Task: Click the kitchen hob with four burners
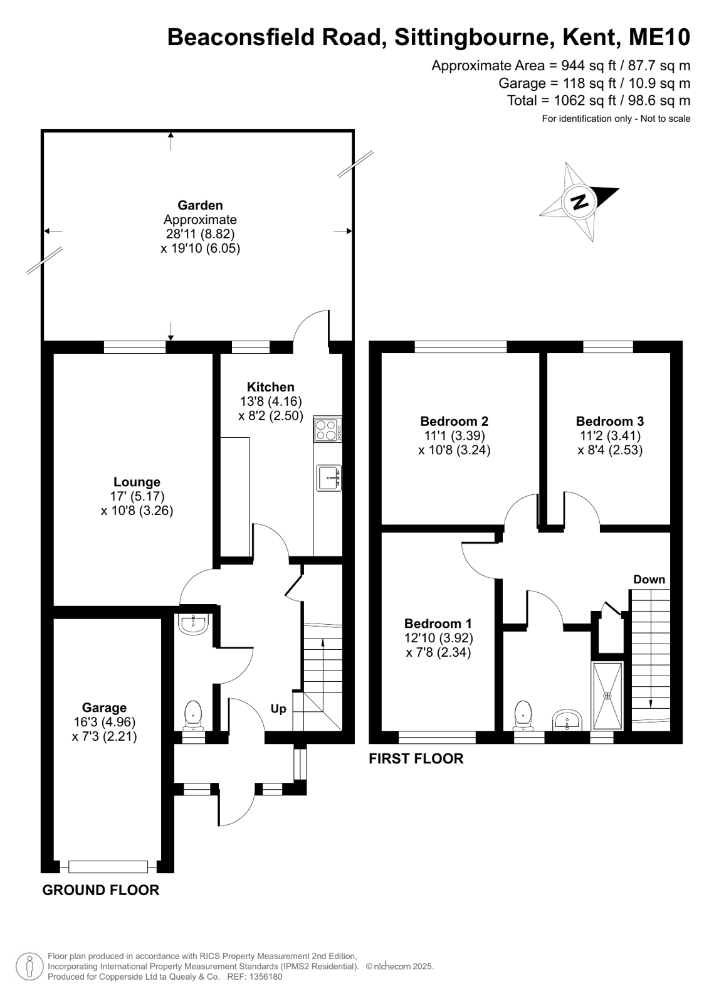pyautogui.click(x=328, y=430)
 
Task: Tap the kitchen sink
pyautogui.click(x=329, y=478)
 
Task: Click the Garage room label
pyautogui.click(x=104, y=708)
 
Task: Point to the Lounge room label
pyautogui.click(x=137, y=482)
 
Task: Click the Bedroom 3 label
pyautogui.click(x=609, y=421)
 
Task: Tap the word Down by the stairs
pyautogui.click(x=649, y=580)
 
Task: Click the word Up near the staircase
pyautogui.click(x=278, y=709)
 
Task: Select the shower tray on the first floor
pyautogui.click(x=607, y=696)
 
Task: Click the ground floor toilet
pyautogui.click(x=193, y=715)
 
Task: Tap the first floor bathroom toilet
pyautogui.click(x=523, y=715)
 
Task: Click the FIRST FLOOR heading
pyautogui.click(x=416, y=758)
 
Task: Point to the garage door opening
pyautogui.click(x=108, y=867)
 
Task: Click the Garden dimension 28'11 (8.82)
pyautogui.click(x=200, y=234)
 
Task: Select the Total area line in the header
pyautogui.click(x=599, y=100)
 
